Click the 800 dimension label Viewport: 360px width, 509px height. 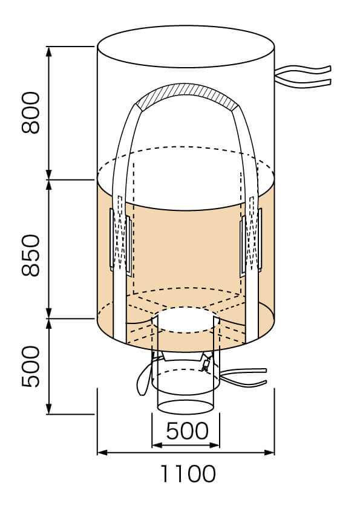(30, 112)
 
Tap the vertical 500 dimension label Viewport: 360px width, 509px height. (30, 366)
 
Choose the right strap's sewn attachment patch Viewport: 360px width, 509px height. (251, 242)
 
